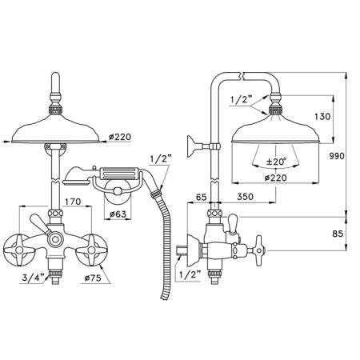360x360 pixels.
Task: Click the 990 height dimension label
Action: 337,156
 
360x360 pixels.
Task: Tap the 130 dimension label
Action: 322,117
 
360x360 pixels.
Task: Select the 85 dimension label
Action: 338,234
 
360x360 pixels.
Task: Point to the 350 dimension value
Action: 245,197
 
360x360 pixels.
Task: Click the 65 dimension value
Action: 202,197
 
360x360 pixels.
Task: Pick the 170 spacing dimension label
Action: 73,202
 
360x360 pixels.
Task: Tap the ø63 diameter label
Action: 118,214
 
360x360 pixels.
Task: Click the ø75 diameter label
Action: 93,278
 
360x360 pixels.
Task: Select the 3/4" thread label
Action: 33,278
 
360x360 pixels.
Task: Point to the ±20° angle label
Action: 276,162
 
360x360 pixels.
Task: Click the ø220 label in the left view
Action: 120,137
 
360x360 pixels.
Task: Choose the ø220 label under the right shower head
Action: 276,178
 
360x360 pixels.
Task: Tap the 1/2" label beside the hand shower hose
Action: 161,159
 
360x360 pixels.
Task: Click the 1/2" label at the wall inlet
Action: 190,274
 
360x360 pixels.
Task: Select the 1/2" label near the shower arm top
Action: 241,100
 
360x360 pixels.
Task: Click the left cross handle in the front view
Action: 19,250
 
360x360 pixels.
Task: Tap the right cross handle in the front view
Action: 91,250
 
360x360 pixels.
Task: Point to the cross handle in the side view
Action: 258,250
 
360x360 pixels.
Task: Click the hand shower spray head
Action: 76,177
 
